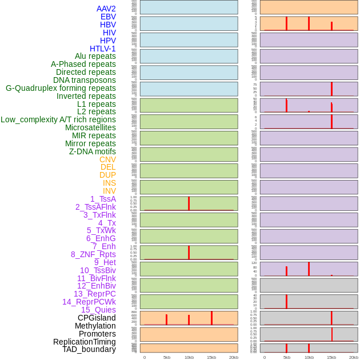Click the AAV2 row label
(x=106, y=9)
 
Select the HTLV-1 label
(x=102, y=49)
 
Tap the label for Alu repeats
(x=95, y=56)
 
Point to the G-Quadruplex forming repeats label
(x=61, y=88)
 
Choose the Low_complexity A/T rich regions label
(x=58, y=119)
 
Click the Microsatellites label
(x=90, y=127)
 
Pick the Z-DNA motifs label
(x=92, y=151)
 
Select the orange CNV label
(x=107, y=159)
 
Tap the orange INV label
(x=109, y=191)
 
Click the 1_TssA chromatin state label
(x=103, y=199)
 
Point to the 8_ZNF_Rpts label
(x=93, y=254)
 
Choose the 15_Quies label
(x=98, y=310)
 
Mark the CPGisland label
(x=97, y=318)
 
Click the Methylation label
(x=95, y=326)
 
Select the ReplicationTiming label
(x=84, y=342)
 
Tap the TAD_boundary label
(x=89, y=349)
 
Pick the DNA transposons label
(x=85, y=80)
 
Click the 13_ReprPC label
(x=94, y=294)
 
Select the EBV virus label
(x=108, y=17)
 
